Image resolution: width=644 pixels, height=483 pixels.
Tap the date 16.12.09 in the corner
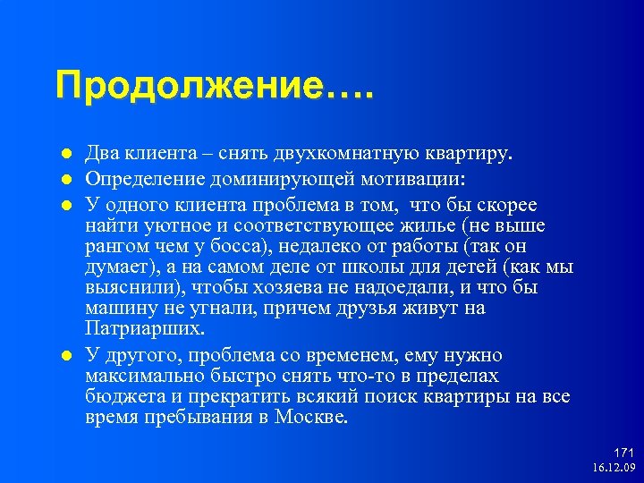point(613,468)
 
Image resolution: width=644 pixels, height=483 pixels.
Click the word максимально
point(137,377)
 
